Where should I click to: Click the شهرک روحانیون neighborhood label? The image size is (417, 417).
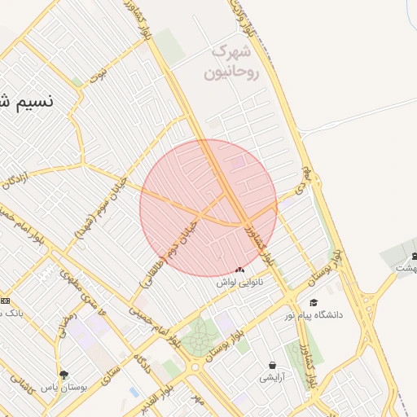click(235, 63)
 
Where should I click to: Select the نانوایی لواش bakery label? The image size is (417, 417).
click(240, 283)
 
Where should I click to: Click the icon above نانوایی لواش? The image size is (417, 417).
click(239, 270)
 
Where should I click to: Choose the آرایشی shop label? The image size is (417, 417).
click(271, 378)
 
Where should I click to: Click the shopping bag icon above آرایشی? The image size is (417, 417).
click(271, 366)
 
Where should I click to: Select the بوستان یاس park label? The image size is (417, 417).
click(64, 387)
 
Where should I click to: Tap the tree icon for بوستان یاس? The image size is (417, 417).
click(64, 375)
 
